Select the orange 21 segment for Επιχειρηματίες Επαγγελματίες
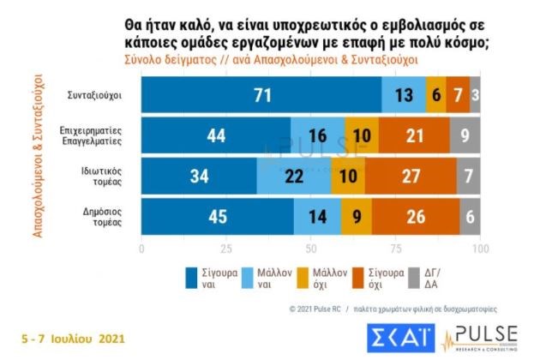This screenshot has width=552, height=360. tap(414, 135)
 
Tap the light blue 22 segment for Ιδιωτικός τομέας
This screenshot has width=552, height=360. tap(294, 177)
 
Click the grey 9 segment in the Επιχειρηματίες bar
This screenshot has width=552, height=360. tap(465, 135)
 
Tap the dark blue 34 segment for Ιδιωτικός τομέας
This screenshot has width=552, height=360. tap(199, 177)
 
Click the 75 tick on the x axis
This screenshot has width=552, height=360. tap(395, 249)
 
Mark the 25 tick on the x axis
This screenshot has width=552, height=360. tap(225, 249)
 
